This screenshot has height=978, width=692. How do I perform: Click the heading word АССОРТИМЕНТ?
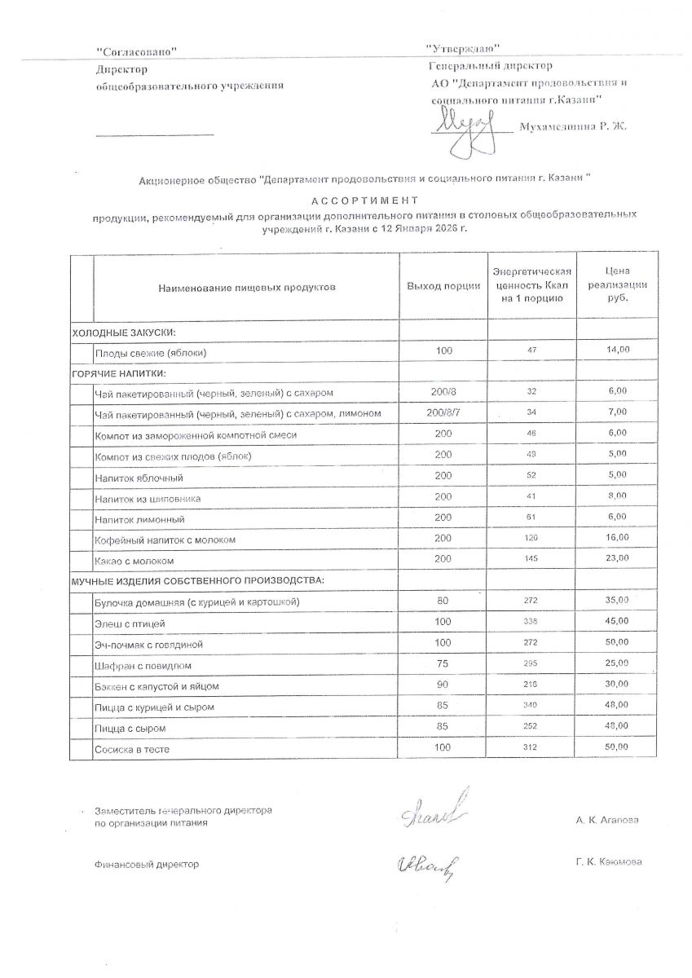pyautogui.click(x=364, y=200)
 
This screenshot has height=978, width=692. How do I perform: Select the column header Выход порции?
pyautogui.click(x=443, y=287)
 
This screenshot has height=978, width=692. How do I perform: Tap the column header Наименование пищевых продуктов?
pyautogui.click(x=247, y=287)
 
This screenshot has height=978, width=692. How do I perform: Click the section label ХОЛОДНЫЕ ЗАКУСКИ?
pyautogui.click(x=125, y=332)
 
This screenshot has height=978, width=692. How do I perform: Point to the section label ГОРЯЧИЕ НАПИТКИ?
pyautogui.click(x=119, y=372)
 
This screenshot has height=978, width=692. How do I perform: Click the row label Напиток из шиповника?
pyautogui.click(x=148, y=498)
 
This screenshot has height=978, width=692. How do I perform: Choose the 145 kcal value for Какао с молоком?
pyautogui.click(x=532, y=559)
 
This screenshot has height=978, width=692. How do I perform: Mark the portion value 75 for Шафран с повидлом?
pyautogui.click(x=443, y=664)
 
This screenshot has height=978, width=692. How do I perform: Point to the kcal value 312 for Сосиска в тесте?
pyautogui.click(x=532, y=747)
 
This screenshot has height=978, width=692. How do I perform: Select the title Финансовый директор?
pyautogui.click(x=147, y=864)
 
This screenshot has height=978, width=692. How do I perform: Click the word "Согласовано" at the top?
pyautogui.click(x=136, y=52)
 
